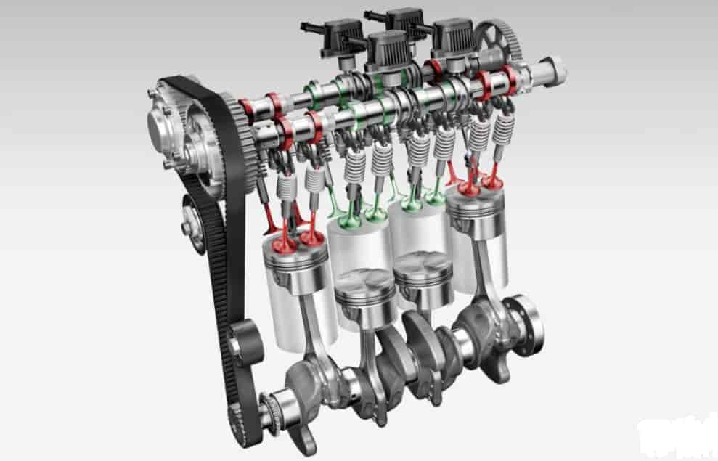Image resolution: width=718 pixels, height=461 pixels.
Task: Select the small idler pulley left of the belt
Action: coord(191,227)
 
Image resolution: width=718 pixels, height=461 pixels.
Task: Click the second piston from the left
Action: coord(364,287)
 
